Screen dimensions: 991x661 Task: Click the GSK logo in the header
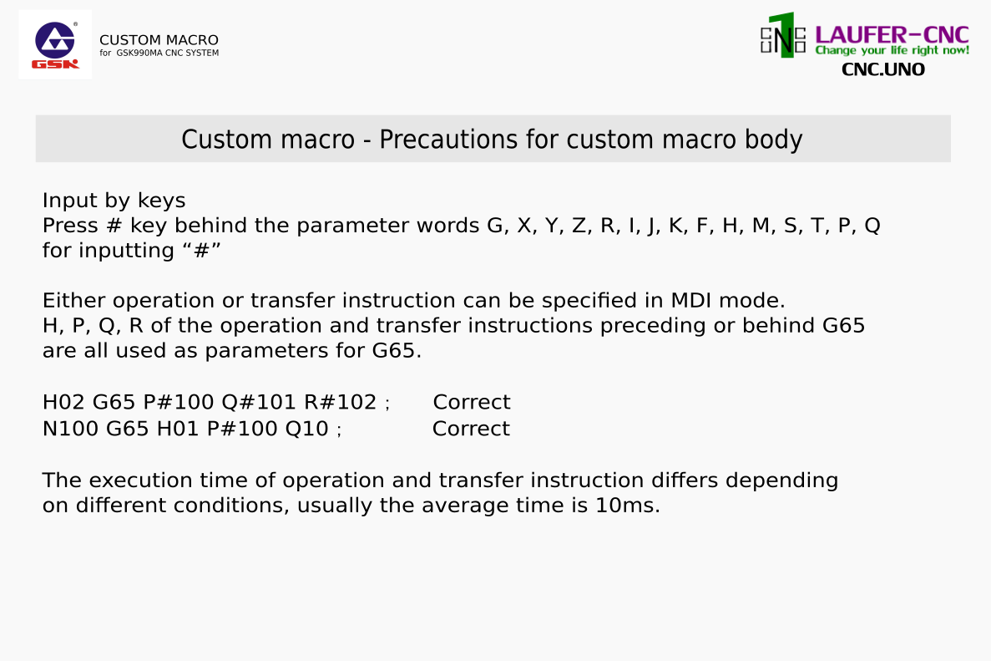(x=56, y=44)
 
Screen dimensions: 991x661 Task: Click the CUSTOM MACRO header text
(x=159, y=40)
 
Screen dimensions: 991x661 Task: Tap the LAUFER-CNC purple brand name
(x=892, y=35)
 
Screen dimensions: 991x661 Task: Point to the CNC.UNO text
(x=883, y=69)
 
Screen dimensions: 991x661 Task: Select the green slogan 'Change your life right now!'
(x=892, y=51)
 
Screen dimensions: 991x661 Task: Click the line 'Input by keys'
(x=114, y=201)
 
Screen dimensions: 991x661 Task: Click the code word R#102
(x=341, y=402)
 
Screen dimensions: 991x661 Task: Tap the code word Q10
(x=307, y=429)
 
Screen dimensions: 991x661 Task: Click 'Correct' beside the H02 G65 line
(x=472, y=402)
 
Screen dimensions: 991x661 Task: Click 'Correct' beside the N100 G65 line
(x=471, y=429)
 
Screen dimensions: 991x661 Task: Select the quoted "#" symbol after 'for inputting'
(x=201, y=251)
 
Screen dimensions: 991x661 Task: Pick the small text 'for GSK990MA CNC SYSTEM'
(x=159, y=53)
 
